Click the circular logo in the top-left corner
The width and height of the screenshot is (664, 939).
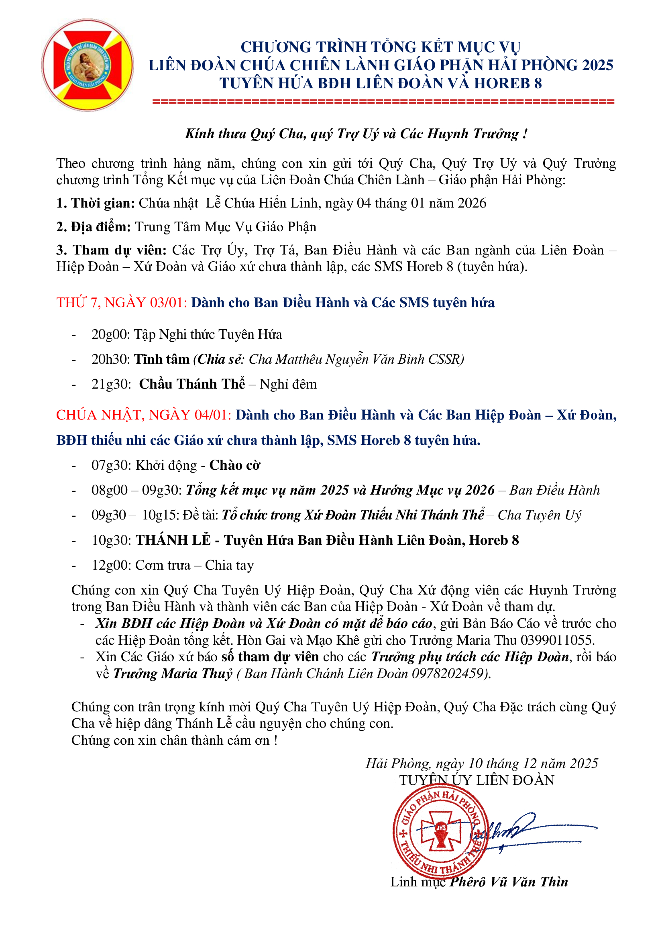[88, 65]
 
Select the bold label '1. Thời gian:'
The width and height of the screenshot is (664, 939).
[96, 203]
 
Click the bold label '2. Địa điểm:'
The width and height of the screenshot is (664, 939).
[94, 227]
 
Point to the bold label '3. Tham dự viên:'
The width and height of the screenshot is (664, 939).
[112, 250]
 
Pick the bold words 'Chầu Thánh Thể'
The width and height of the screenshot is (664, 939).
[192, 385]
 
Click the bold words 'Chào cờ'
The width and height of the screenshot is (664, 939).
[235, 465]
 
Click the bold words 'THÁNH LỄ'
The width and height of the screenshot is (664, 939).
[173, 541]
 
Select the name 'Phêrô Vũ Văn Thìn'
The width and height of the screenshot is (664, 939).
[509, 882]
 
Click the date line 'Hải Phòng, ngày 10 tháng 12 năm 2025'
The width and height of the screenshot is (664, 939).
[482, 764]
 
